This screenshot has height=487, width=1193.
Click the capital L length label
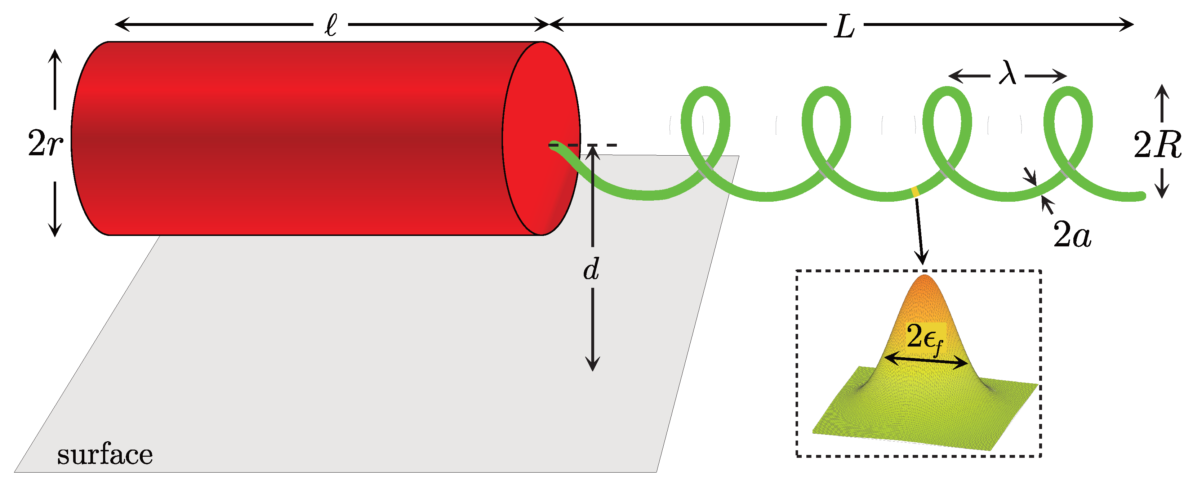844,27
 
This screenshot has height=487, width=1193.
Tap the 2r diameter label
45,143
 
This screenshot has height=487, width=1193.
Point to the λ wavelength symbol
1007,73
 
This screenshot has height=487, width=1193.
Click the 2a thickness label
1072,235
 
